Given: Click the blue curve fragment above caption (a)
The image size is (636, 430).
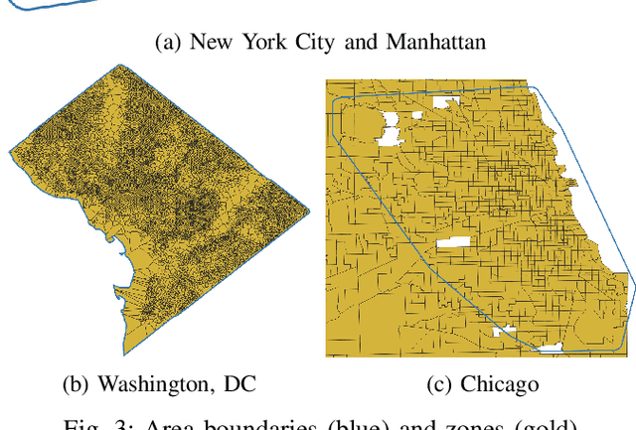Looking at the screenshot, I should pyautogui.click(x=50, y=4).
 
